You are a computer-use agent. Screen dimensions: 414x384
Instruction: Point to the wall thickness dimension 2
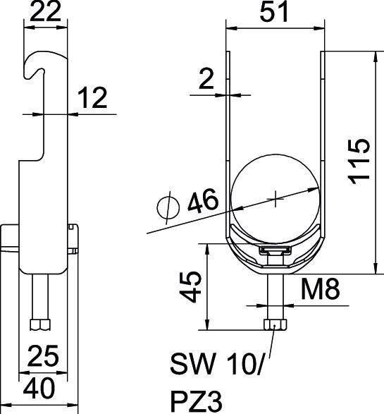[x=206, y=80]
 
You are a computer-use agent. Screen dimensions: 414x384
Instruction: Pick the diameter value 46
[x=202, y=205]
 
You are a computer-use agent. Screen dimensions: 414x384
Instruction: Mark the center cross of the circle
[x=274, y=199]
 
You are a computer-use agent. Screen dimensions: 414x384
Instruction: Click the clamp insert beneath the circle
[x=275, y=251]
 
